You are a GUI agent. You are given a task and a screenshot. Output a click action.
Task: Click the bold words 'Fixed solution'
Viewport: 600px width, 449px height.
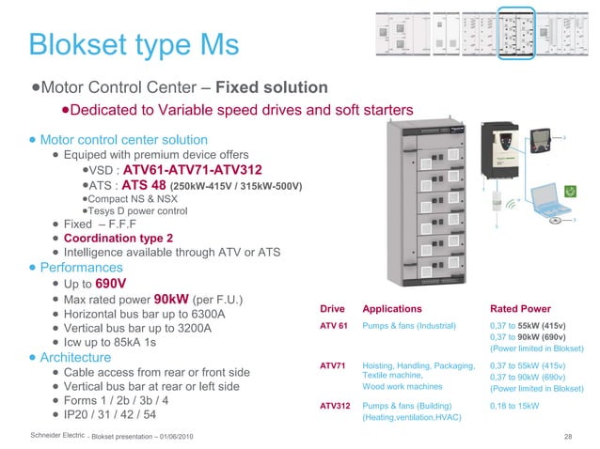coord(272,87)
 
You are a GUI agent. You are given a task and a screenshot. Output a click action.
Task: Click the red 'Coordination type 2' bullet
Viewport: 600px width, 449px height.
coord(118,239)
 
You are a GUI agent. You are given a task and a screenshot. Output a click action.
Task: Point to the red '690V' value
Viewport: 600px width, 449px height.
coord(111,284)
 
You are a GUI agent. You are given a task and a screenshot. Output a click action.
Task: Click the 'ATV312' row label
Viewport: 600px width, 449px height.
coord(337,406)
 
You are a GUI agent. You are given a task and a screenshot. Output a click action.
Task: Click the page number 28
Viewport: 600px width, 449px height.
coord(567,437)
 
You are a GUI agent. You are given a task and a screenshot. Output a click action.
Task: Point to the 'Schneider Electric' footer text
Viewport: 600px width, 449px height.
coord(57,437)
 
